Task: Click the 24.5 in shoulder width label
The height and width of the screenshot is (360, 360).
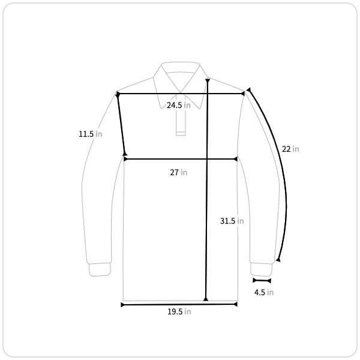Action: (x=179, y=105)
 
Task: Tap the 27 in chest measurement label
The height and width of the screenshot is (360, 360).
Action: (x=179, y=172)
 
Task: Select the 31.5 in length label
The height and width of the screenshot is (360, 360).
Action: (x=232, y=221)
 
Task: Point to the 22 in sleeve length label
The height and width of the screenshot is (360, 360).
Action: (x=290, y=149)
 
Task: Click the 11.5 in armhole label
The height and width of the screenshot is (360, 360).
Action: (x=91, y=134)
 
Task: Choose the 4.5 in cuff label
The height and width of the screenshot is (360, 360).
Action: (x=264, y=292)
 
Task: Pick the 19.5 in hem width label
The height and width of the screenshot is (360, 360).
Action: (x=179, y=311)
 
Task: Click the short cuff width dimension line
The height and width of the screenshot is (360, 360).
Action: (x=262, y=280)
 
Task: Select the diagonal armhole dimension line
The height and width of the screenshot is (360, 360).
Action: (x=121, y=124)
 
